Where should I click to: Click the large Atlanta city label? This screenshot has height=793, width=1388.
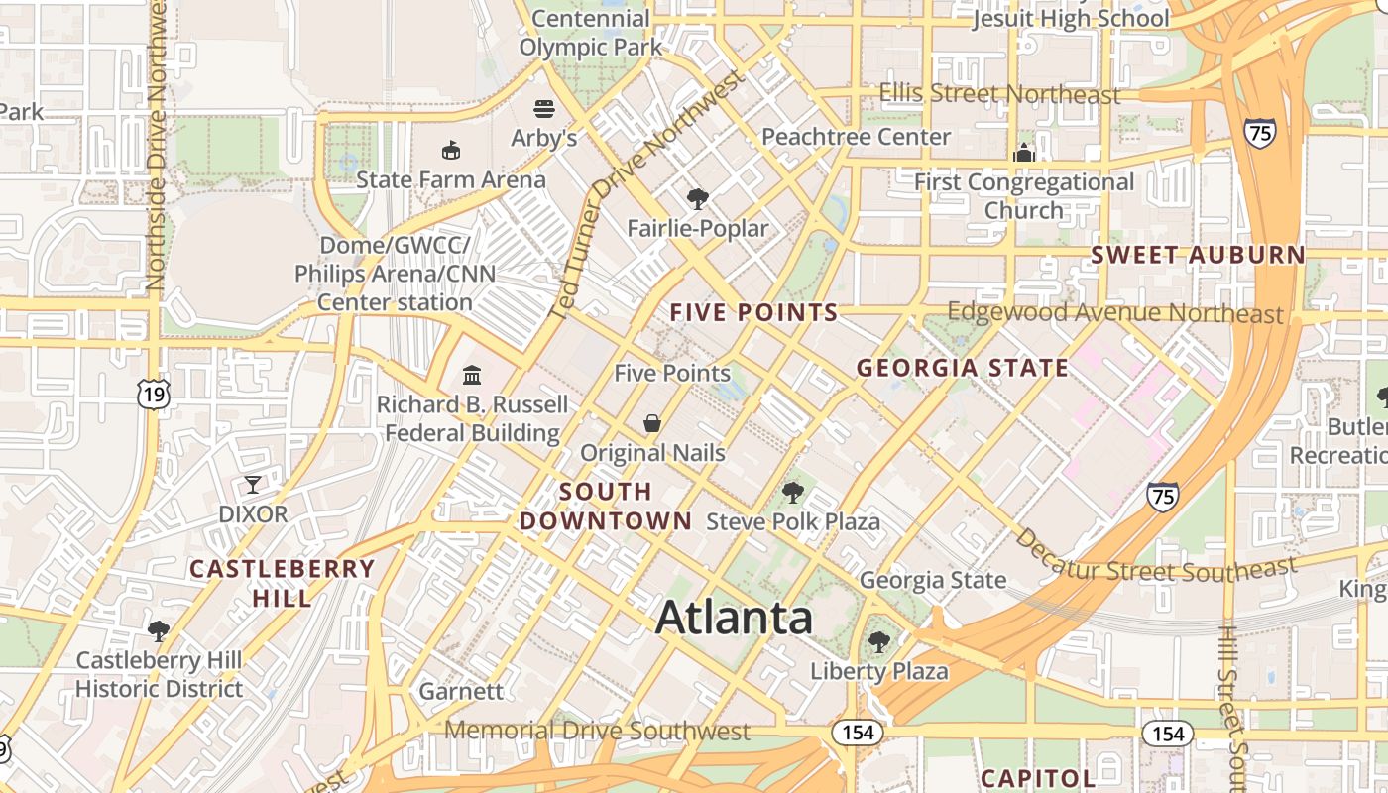click(x=734, y=618)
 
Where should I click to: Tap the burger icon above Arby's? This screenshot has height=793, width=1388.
click(x=543, y=108)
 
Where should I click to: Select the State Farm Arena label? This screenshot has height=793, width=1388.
click(x=450, y=179)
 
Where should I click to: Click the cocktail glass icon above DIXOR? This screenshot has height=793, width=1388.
click(x=253, y=485)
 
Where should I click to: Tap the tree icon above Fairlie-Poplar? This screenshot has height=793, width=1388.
click(x=698, y=198)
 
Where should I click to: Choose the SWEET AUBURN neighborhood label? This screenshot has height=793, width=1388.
click(x=1198, y=255)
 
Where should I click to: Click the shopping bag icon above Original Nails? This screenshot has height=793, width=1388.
click(x=652, y=424)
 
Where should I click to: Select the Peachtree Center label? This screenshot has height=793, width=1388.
click(x=856, y=137)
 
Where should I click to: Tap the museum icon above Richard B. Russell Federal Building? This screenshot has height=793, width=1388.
click(x=472, y=376)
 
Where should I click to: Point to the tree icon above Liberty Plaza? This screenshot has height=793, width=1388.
click(x=878, y=642)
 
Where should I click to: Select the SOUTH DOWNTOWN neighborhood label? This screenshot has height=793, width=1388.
click(x=606, y=506)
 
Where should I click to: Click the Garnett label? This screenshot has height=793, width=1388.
click(x=461, y=691)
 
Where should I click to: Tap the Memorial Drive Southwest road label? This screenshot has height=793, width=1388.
click(x=597, y=732)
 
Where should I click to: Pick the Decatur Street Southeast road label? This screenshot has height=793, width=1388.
click(x=1155, y=556)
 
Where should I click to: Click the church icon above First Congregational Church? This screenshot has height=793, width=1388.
click(x=1024, y=153)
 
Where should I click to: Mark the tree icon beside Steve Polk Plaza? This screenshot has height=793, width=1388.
click(x=792, y=492)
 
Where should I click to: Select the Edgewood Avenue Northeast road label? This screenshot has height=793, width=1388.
click(x=1114, y=313)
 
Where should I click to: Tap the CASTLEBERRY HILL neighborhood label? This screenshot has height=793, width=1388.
click(x=282, y=583)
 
